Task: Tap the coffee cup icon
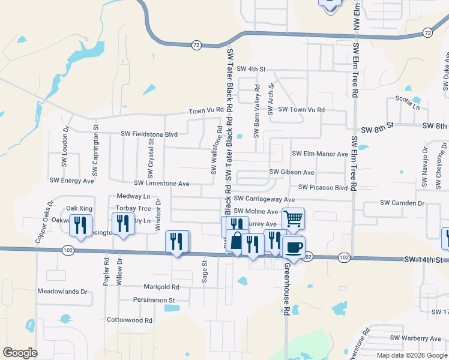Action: [x=294, y=247]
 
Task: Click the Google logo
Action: [x=20, y=352]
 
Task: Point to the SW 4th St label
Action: [x=251, y=70]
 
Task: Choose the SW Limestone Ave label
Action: [x=161, y=184]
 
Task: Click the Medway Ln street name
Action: [x=133, y=196]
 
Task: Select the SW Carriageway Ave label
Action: [x=264, y=199]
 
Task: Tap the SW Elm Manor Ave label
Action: [x=320, y=154]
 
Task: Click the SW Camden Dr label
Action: [x=402, y=203]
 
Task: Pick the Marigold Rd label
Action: [x=161, y=287]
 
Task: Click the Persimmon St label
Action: [x=154, y=299]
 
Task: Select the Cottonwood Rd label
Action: [x=129, y=320]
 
